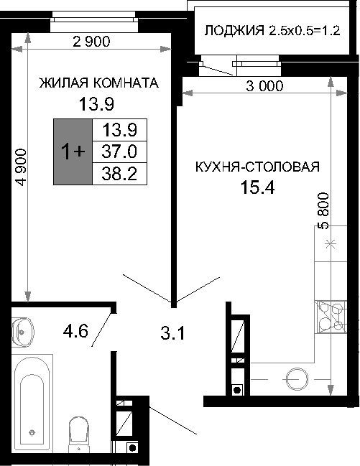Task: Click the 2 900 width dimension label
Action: (91, 42)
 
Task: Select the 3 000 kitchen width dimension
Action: (264, 86)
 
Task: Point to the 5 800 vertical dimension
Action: (323, 211)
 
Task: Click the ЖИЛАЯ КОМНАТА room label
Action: (98, 83)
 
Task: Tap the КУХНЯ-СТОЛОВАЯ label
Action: (257, 167)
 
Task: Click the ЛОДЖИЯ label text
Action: (234, 31)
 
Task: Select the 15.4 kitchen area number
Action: (257, 187)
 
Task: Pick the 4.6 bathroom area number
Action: (75, 331)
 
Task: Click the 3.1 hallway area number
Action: (172, 333)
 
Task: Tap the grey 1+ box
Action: (73, 152)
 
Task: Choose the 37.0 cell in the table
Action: (119, 152)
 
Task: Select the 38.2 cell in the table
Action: (119, 174)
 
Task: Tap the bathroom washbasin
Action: (22, 332)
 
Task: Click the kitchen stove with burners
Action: (331, 317)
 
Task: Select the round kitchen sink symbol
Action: (297, 379)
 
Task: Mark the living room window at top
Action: (94, 22)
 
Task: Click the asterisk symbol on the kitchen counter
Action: (331, 245)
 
